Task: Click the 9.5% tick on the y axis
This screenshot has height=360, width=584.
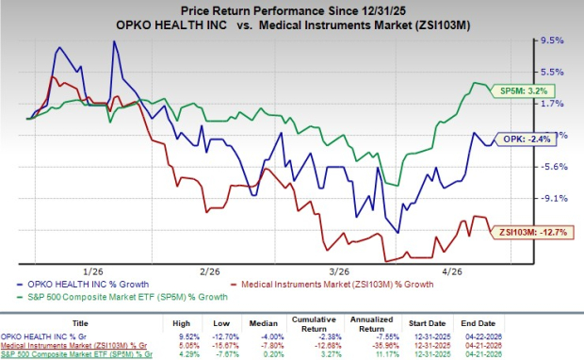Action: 551,41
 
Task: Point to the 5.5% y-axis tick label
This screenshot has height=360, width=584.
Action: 551,73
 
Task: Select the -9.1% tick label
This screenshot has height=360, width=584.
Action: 551,199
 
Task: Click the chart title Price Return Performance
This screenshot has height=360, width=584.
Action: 291,8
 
